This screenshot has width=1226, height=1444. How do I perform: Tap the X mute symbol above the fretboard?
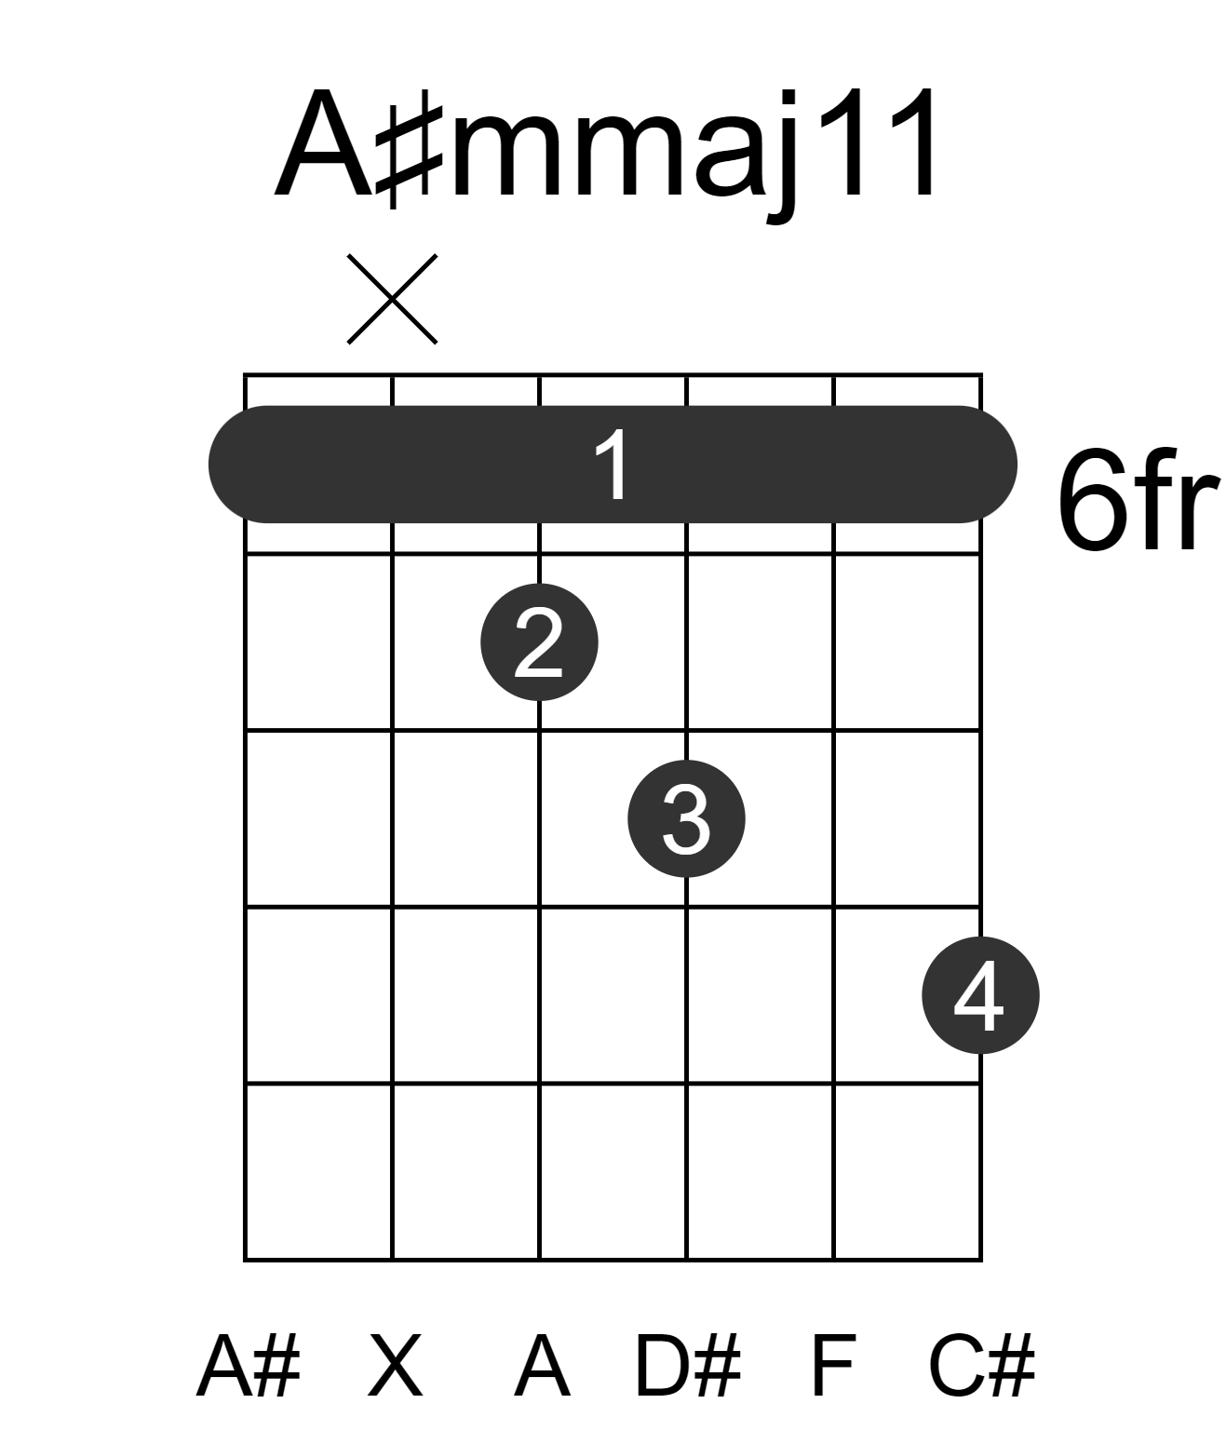coord(392,299)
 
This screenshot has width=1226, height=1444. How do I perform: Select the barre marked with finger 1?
coord(613,465)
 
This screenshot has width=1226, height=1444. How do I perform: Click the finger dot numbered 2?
coord(539,642)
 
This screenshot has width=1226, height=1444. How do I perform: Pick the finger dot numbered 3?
coord(687,818)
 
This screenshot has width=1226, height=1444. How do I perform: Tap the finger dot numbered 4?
coord(981,995)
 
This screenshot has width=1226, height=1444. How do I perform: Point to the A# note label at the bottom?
coord(249,1365)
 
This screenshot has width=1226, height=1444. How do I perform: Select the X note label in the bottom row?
coord(396,1365)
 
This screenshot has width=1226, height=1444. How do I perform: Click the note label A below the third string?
coord(542,1365)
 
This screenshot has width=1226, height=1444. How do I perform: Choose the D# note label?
coord(688,1365)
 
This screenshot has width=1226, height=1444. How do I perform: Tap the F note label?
coord(834,1365)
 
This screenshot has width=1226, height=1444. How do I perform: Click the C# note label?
coord(981,1365)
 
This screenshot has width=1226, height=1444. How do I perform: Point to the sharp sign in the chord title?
coord(411,155)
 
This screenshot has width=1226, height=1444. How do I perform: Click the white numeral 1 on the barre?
coord(613,465)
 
